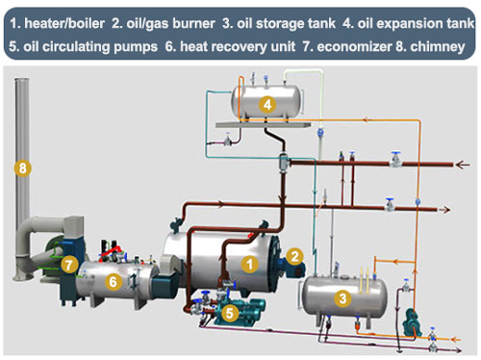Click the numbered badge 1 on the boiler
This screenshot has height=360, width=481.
point(250,264)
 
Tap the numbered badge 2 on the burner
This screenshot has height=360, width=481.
point(294,256)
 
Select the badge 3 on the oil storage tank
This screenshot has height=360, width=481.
point(342,298)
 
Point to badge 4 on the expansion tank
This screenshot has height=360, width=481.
point(267,104)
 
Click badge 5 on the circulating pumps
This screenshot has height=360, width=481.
point(230,312)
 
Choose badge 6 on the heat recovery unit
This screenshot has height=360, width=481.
point(113,282)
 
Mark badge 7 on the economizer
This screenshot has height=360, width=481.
point(69,265)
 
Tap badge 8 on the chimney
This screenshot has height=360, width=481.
point(23,167)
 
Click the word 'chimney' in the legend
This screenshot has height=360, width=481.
point(437,47)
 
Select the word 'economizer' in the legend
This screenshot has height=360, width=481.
point(354,47)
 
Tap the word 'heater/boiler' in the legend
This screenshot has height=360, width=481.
point(64,23)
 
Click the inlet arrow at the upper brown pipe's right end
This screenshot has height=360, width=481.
point(463,165)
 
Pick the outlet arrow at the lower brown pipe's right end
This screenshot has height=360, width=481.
point(444,210)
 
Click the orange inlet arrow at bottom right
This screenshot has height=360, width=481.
point(456,339)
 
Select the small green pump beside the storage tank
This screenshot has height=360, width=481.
point(411,322)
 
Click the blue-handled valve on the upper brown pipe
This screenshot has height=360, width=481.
point(396,160)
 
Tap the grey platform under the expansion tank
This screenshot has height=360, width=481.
point(264,124)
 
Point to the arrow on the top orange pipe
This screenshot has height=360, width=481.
point(366,120)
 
